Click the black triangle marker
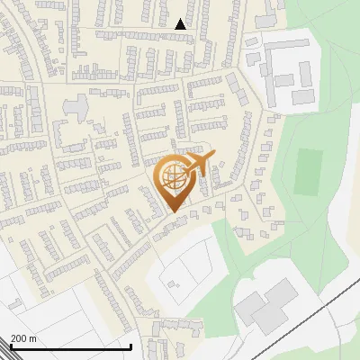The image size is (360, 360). (x=181, y=25)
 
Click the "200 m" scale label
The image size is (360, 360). (x=23, y=338)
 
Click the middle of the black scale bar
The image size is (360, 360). (x=70, y=346)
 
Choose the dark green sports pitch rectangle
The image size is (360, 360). (x=308, y=170)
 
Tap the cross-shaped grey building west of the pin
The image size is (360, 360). (x=76, y=106)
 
